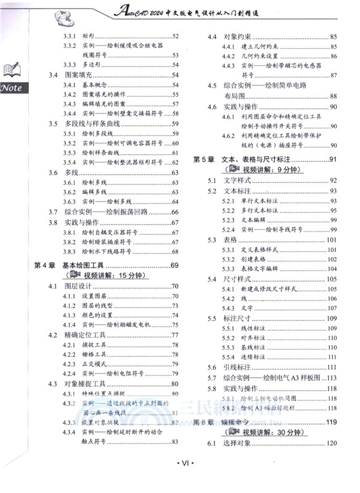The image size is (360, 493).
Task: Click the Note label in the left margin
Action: [x=12, y=88]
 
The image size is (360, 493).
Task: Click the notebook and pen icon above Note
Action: [x=12, y=69]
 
